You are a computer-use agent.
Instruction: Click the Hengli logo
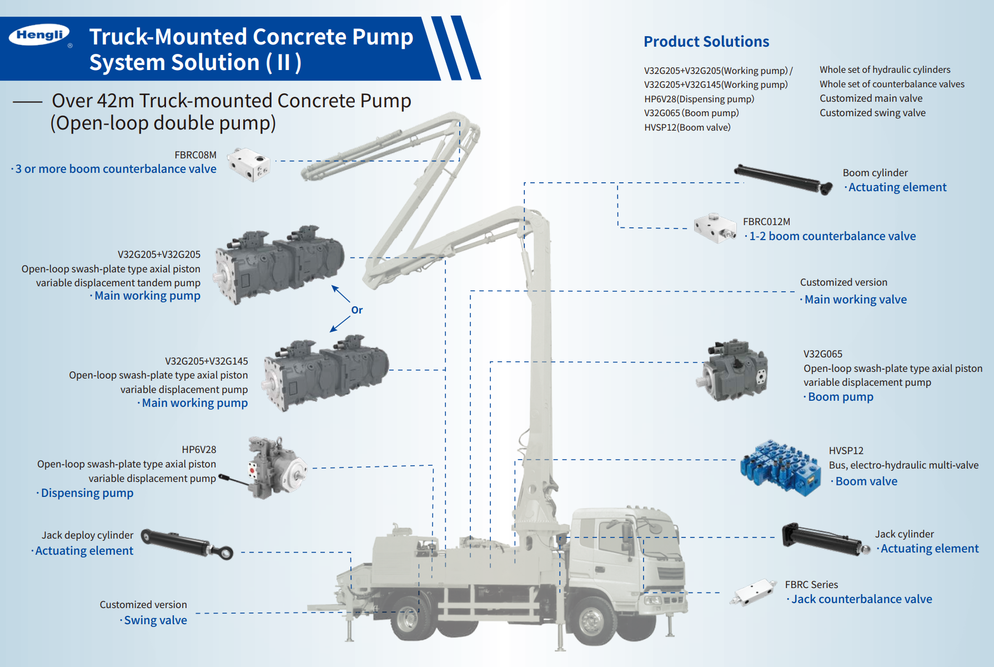(x=39, y=36)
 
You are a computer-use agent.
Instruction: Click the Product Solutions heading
(x=706, y=42)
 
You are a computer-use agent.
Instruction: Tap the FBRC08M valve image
(x=250, y=164)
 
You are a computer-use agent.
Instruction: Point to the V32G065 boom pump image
(x=733, y=370)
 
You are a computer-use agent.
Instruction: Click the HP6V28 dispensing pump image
(x=275, y=467)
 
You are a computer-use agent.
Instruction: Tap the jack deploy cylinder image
(x=187, y=544)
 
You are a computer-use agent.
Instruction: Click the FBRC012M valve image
(x=715, y=228)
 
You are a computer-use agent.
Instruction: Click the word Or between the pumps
(x=357, y=310)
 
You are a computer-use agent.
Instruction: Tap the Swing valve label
(x=155, y=620)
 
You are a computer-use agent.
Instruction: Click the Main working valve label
(x=855, y=300)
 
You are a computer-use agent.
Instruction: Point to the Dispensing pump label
(x=87, y=493)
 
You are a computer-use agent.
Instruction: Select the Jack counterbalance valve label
(x=861, y=599)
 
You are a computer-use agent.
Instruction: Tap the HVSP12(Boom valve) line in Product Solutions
(x=687, y=127)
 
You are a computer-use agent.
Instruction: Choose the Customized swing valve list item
(x=872, y=113)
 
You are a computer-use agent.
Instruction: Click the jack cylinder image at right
(x=824, y=539)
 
